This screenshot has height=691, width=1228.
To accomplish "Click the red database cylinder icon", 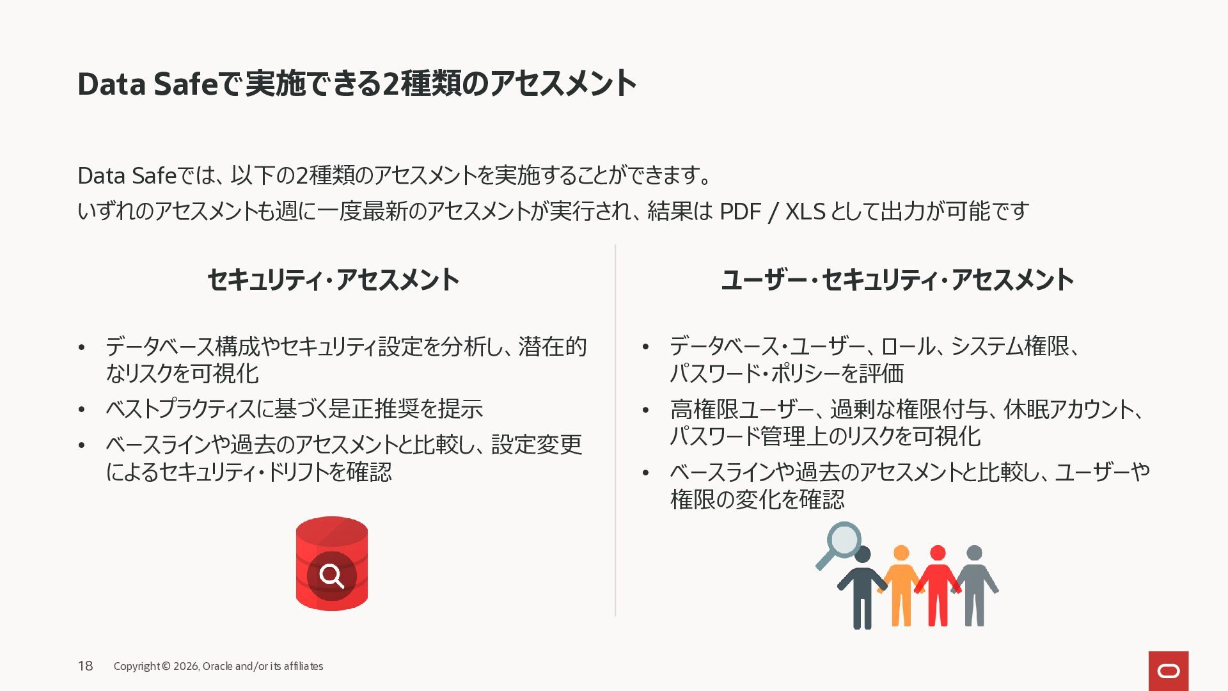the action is [331, 563].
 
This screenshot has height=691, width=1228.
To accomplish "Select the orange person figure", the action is [901, 585].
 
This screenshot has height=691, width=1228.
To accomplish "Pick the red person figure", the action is [938, 585].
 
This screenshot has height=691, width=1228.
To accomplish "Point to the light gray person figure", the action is [974, 585].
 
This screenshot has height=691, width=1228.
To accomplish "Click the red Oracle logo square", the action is [1169, 671].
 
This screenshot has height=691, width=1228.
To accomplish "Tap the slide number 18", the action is [85, 666].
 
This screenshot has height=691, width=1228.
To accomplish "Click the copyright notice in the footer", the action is [218, 666].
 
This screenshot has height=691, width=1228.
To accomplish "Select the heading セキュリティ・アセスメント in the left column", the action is [333, 280].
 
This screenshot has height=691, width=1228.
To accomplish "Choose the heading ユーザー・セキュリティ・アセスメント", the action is [897, 280].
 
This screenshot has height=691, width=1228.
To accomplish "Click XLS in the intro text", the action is [805, 211].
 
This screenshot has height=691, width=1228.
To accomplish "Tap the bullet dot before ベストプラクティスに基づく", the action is [81, 409].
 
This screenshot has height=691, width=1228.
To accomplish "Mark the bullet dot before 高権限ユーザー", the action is [645, 409].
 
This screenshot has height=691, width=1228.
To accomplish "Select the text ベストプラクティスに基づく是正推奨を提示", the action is [294, 409].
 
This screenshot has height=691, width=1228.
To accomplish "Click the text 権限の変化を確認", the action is [757, 499].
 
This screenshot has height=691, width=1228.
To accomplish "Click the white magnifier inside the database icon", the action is [331, 575].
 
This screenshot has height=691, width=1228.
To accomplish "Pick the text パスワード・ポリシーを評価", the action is [787, 373].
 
